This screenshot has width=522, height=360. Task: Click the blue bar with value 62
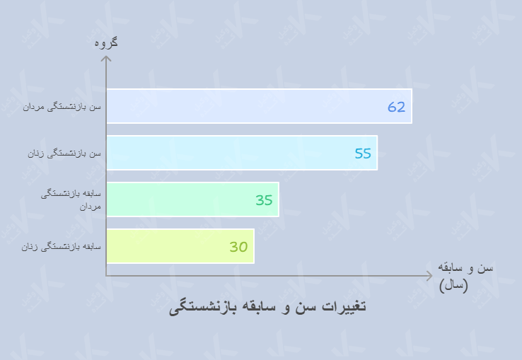point(259,106)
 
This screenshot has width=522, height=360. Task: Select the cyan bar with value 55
point(242,153)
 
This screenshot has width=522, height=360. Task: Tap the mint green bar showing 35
point(192,199)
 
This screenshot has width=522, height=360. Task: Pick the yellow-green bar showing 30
point(180,246)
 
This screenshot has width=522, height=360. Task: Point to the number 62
point(396,107)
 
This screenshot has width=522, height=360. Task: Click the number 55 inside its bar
point(363,153)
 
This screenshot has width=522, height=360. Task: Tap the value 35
point(264,200)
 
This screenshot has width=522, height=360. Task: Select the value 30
point(238,247)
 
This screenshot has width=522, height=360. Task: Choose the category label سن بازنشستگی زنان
point(65,153)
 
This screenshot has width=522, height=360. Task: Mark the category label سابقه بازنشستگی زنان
point(62,247)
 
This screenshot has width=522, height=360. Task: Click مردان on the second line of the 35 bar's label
point(91,207)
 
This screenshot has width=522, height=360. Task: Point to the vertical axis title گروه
point(105,43)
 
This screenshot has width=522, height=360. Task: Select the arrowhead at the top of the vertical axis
point(107,59)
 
